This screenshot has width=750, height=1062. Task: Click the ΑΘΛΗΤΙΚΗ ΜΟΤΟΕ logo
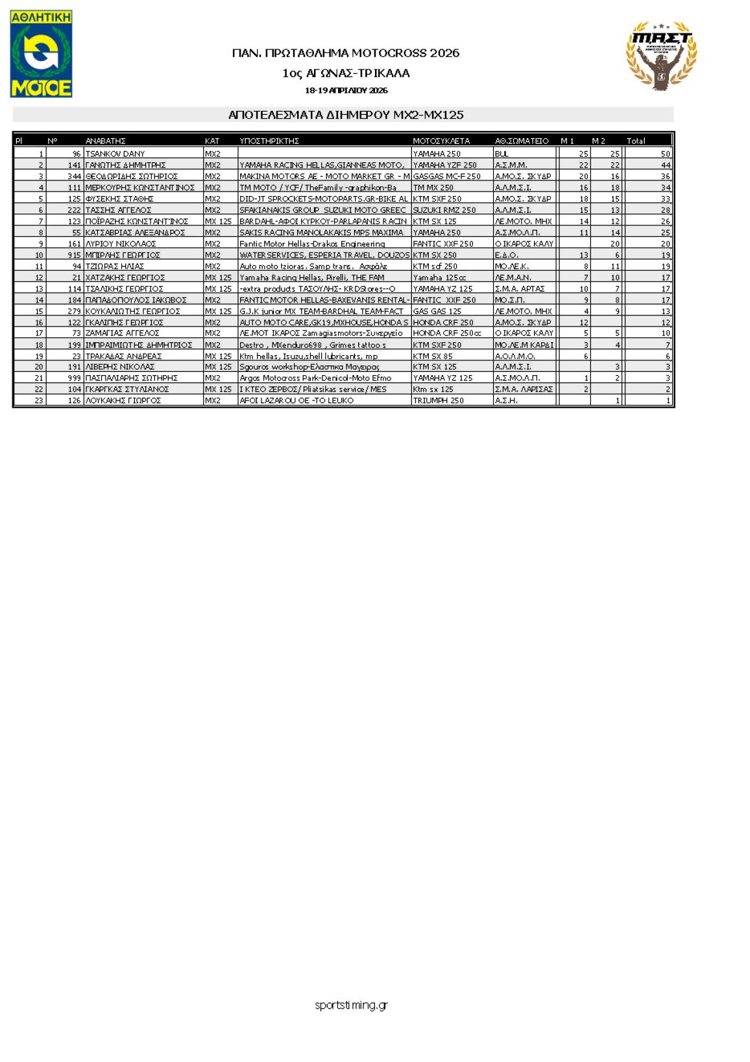pos(41,54)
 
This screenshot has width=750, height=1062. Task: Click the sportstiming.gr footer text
pos(351,1006)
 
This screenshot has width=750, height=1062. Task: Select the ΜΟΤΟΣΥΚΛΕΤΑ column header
pos(441,141)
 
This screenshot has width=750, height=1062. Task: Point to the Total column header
pos(636,141)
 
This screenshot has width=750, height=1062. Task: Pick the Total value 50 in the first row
pos(665,154)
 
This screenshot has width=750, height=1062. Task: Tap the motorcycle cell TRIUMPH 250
pos(439,401)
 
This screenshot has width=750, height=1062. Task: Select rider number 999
pos(74,378)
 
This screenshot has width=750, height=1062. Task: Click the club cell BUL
pos(501,154)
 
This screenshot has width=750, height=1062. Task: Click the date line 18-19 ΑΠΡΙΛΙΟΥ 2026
pos(346,90)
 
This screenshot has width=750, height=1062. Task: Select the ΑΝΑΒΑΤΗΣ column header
pos(105,141)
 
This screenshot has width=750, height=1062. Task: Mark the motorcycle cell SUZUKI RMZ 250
pos(444,210)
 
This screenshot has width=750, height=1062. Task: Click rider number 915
pos(74,255)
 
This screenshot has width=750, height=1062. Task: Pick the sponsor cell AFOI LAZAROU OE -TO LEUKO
pos(296,401)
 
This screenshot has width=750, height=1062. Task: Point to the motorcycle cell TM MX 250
pos(433,188)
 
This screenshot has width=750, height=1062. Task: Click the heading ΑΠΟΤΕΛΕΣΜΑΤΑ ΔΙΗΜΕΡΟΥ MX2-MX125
pos(346,115)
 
